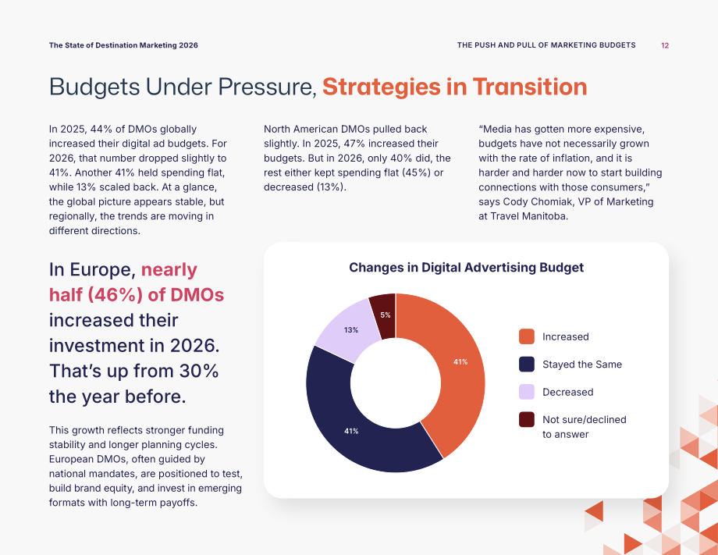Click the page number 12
point(665,45)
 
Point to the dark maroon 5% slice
point(385,315)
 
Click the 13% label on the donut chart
point(351,329)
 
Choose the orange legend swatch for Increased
point(527,336)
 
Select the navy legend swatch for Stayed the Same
point(527,364)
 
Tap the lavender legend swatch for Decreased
point(527,392)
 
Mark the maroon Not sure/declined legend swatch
point(527,419)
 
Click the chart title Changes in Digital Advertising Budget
point(466,268)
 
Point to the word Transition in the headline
point(530,87)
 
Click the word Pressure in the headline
point(267,87)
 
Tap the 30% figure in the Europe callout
point(199,371)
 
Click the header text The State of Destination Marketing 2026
point(123,45)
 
